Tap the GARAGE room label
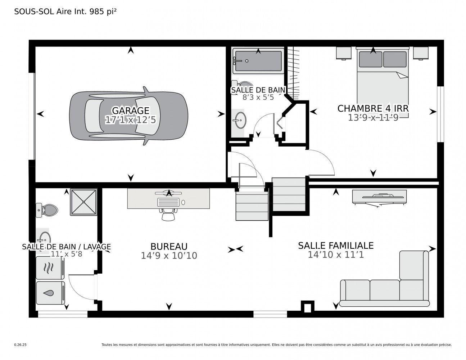click(130, 111)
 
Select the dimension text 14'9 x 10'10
click(169, 256)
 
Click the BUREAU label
click(169, 247)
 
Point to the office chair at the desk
click(168, 215)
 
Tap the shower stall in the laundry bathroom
click(83, 202)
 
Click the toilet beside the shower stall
click(47, 210)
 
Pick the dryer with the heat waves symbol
click(50, 268)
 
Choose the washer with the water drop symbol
click(50, 293)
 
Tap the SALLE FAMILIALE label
click(335, 246)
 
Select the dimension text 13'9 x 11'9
click(373, 117)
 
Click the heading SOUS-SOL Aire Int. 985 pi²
click(65, 12)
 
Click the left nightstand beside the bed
click(344, 53)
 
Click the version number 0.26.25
click(20, 345)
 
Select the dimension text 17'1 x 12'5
click(130, 120)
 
